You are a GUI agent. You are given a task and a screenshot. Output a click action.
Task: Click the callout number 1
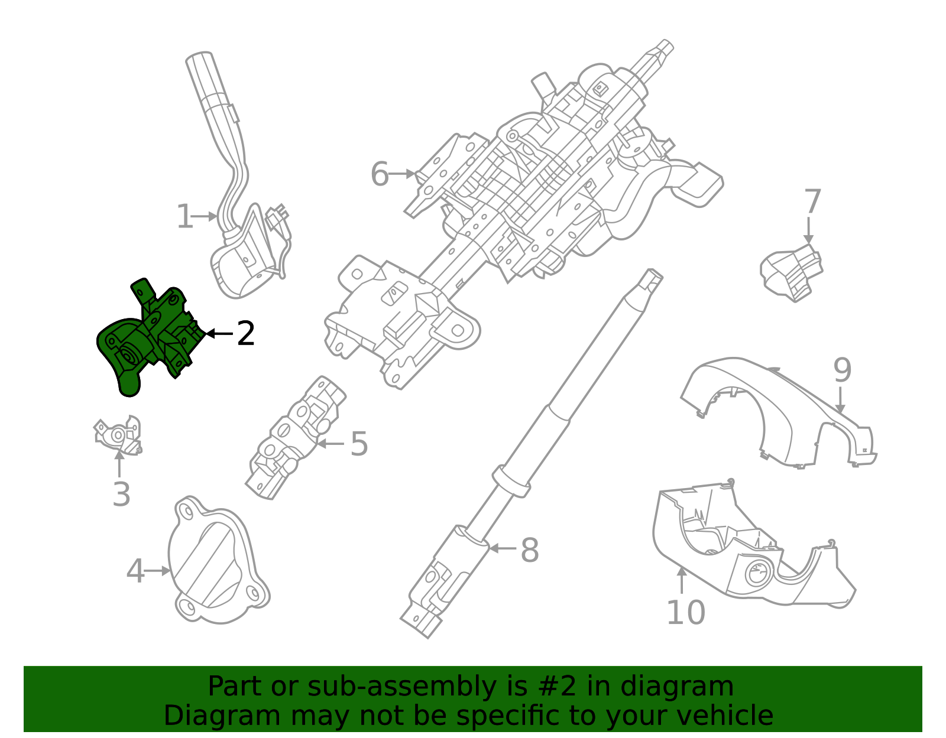click(x=184, y=217)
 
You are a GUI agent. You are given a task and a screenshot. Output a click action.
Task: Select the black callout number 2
click(x=245, y=334)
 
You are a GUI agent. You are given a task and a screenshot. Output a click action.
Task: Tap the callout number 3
click(x=121, y=495)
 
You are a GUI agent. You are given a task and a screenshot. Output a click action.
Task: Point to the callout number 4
click(x=135, y=571)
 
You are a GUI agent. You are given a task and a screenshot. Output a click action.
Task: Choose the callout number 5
click(x=359, y=444)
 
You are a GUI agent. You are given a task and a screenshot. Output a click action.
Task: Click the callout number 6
click(x=380, y=174)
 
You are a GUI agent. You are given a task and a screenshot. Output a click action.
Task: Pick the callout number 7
click(x=812, y=202)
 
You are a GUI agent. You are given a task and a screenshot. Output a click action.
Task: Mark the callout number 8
click(x=529, y=550)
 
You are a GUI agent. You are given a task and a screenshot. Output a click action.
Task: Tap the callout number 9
click(x=843, y=370)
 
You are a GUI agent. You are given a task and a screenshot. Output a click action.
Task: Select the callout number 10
click(x=686, y=612)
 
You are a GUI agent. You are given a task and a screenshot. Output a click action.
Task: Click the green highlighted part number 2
click(x=142, y=343)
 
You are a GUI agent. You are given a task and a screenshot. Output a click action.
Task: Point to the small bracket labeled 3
click(x=118, y=436)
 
